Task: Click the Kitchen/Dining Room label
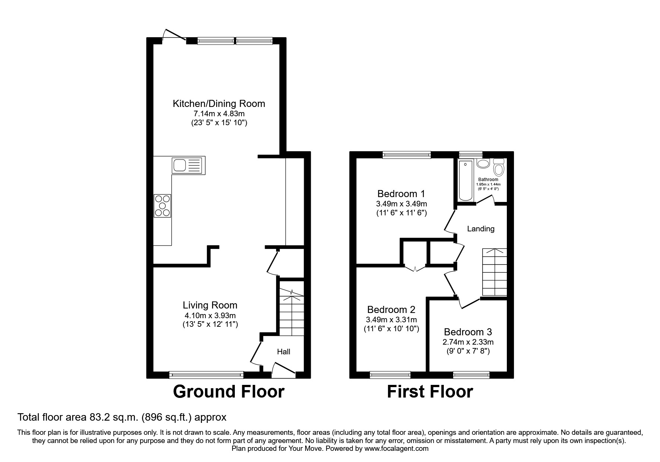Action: click(x=219, y=104)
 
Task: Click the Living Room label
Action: click(x=210, y=305)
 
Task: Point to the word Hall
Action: click(x=283, y=352)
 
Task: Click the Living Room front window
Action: click(x=206, y=374)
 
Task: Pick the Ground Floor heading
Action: click(x=228, y=392)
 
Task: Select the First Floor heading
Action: click(x=430, y=392)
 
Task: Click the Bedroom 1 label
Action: click(x=401, y=194)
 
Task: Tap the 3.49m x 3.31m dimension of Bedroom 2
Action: click(x=391, y=320)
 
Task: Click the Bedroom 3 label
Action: click(x=468, y=332)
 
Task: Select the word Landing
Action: click(x=481, y=229)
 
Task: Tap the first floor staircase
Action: click(x=495, y=272)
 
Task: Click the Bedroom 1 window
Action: click(x=407, y=155)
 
